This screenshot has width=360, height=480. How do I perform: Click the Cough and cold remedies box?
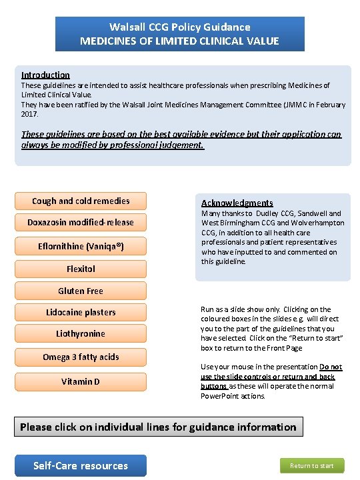81,201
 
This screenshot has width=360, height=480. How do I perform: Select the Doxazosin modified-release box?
81,222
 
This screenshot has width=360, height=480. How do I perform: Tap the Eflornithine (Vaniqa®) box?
81,246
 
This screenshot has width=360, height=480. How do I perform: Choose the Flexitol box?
81,269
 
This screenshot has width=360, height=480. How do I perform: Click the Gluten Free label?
81,291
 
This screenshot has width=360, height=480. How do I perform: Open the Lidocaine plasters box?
81,312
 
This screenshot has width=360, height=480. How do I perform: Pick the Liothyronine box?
81,333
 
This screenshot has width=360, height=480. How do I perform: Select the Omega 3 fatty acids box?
81,357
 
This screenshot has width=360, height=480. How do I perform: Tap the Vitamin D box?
81,381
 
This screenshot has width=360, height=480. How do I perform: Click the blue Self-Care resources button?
81,465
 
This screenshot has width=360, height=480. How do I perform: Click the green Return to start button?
312,466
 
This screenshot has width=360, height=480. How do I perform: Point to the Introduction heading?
45,75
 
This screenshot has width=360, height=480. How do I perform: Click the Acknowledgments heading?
237,203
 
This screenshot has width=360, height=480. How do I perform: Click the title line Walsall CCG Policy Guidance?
180,27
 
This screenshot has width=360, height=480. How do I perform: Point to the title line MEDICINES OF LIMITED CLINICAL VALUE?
180,41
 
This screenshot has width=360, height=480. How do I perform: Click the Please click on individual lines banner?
158,427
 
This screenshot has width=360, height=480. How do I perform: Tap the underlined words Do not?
331,367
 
